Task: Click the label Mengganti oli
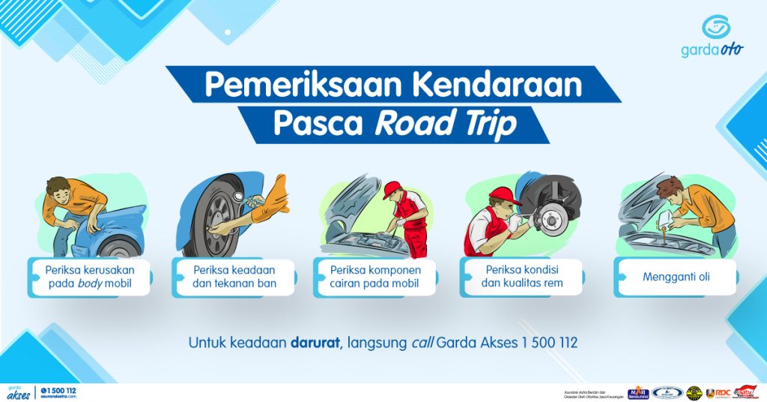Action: tap(676, 277)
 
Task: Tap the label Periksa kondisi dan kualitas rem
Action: tap(522, 277)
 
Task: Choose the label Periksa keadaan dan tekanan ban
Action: tap(234, 277)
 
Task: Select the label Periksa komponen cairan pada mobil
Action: tap(375, 277)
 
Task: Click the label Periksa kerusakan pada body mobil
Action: tap(89, 277)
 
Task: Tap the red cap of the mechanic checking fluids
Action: tap(392, 190)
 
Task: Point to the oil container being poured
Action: tap(662, 225)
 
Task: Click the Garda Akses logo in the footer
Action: tap(18, 392)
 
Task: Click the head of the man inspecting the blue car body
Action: tap(58, 187)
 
